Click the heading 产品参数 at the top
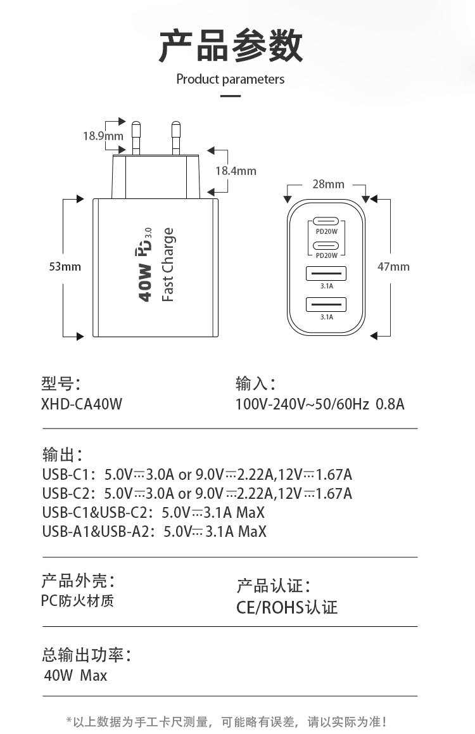tap(231, 46)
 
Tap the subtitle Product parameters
tap(231, 79)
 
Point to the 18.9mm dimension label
tap(103, 135)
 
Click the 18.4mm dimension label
tap(236, 171)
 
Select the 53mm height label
tap(65, 267)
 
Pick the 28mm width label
tap(328, 184)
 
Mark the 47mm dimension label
tap(393, 267)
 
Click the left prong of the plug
tap(136, 136)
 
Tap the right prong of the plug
tap(177, 136)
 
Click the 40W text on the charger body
tap(145, 283)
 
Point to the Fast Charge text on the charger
tap(168, 265)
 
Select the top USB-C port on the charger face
tap(326, 222)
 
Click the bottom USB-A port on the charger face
tap(326, 304)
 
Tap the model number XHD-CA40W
tap(82, 404)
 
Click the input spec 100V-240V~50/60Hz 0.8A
tap(320, 404)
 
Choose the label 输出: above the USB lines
tap(62, 454)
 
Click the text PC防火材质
tap(78, 600)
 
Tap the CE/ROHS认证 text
tap(287, 607)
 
